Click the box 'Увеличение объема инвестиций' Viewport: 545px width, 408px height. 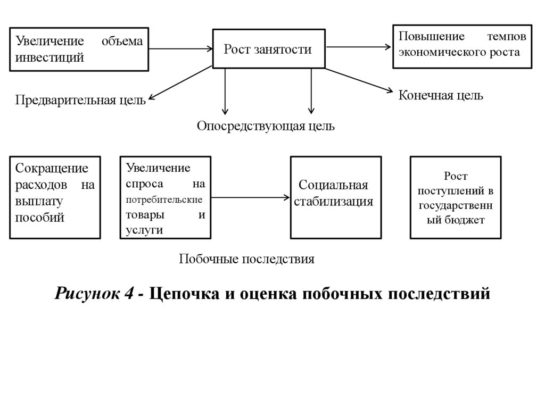(79, 49)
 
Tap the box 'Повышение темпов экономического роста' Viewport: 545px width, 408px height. (462, 46)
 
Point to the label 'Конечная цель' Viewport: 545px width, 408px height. (441, 96)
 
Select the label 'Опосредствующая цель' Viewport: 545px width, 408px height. (266, 126)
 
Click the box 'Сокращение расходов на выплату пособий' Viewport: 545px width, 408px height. (55, 197)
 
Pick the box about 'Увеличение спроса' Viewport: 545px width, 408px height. (166, 197)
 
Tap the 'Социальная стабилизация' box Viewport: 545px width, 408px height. (335, 197)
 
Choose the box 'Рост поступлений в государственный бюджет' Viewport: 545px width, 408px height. (455, 197)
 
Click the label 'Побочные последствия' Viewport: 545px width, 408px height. (247, 259)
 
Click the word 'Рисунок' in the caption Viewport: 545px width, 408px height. (90, 293)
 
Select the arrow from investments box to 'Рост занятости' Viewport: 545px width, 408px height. (180, 49)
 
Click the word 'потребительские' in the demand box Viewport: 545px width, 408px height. (164, 200)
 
